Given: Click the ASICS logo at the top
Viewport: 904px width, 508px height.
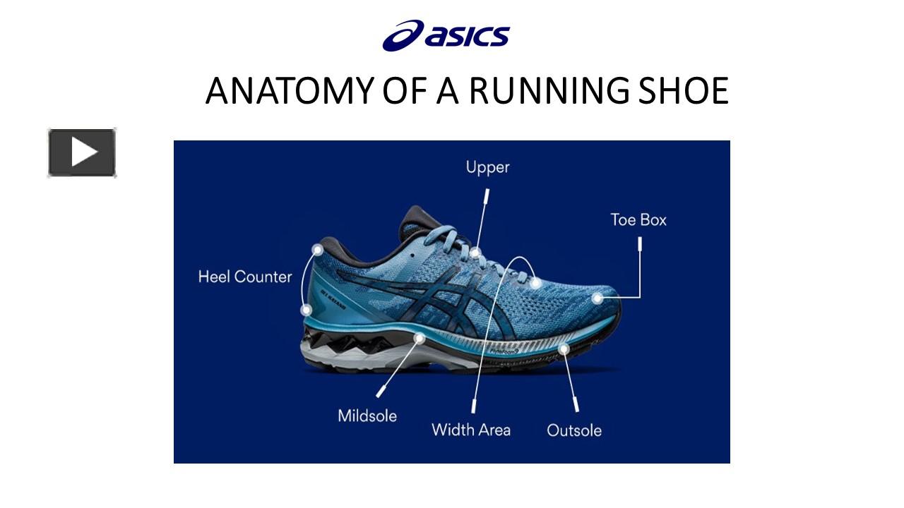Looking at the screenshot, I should pos(446,36).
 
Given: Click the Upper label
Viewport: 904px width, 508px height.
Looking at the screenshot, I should pos(487,167).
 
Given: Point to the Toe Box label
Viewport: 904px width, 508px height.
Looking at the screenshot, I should pos(638,219).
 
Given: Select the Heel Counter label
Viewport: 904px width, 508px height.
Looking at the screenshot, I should pos(244,277).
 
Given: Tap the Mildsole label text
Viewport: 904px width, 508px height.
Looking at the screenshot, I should pos(367,416).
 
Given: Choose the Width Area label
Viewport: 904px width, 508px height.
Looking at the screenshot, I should pos(471,429).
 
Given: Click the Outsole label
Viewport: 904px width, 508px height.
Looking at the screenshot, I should pos(574,430).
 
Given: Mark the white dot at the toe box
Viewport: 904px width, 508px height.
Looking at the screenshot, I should pos(597,298).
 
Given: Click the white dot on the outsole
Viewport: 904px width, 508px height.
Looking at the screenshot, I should pos(564,349).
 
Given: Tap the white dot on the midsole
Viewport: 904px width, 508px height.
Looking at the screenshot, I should pos(420,338).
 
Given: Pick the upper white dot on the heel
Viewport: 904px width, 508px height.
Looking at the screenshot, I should pos(318,250).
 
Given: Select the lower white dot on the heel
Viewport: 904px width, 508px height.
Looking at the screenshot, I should pos(307,310).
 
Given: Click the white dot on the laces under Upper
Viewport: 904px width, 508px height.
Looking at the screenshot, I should pos(475,253).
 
